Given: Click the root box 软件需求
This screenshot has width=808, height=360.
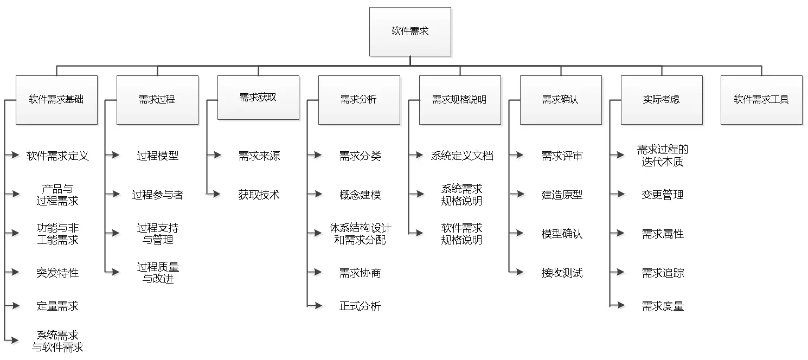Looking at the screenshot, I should [x=410, y=31].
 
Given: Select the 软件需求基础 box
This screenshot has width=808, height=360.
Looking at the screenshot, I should [x=56, y=100].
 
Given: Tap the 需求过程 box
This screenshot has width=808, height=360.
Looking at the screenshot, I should [x=157, y=100].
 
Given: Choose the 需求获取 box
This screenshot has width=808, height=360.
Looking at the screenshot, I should [x=258, y=98].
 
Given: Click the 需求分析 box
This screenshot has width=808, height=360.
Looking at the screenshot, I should [x=359, y=100].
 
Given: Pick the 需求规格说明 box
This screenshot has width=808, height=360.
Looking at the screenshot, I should [x=460, y=100].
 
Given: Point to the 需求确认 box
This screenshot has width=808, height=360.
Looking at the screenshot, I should [x=561, y=100].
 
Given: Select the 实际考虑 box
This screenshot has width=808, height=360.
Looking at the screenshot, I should [x=662, y=100].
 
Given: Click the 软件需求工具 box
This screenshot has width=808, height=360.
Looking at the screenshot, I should [x=761, y=100].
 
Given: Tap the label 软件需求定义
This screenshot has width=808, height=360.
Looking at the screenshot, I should [x=57, y=156].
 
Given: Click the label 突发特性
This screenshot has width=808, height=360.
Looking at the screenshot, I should [x=57, y=273].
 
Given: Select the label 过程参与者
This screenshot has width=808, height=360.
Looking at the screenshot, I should [x=157, y=195].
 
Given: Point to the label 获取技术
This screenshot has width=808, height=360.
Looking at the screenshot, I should [x=259, y=195].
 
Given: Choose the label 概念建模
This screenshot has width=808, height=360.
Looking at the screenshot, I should [x=360, y=195].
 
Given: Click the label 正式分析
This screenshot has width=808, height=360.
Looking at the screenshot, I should [x=360, y=306].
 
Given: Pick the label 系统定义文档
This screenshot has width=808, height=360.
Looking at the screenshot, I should [x=462, y=156].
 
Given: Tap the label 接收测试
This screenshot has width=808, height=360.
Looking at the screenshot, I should [x=562, y=273].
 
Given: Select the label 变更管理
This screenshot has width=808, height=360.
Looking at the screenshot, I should [x=663, y=195].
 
